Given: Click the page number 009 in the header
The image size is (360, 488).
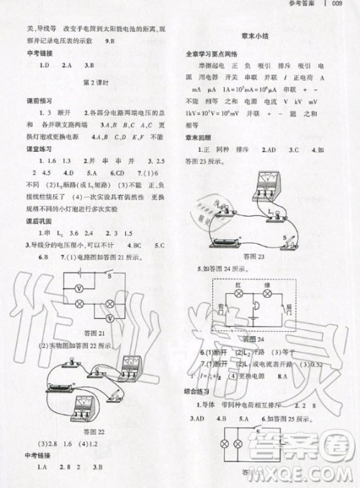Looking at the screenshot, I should point(341,5).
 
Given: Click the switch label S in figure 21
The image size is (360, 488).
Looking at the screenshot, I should point(109,274).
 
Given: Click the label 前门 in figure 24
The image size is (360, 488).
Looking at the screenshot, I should point(220,307).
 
